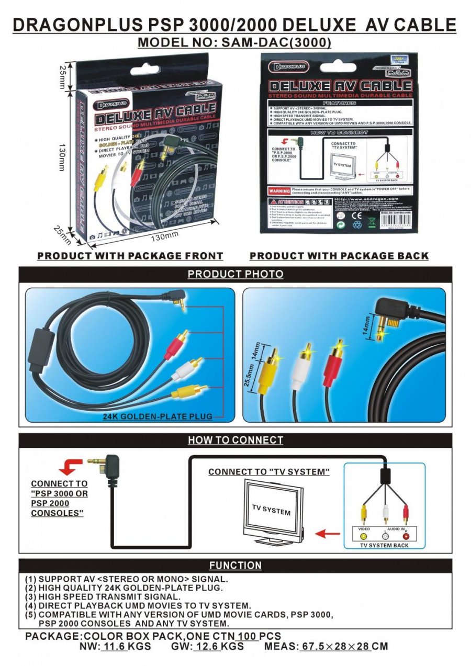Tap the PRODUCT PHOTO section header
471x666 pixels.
click(x=235, y=274)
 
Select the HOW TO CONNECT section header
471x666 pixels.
click(x=235, y=440)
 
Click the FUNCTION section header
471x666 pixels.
click(x=235, y=566)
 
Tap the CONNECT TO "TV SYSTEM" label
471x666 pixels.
click(x=269, y=472)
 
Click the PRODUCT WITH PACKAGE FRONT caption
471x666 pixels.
click(x=130, y=256)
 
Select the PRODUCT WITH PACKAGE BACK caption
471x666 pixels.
click(x=339, y=256)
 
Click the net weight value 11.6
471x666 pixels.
click(x=115, y=647)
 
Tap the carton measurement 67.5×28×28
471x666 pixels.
click(x=336, y=647)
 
